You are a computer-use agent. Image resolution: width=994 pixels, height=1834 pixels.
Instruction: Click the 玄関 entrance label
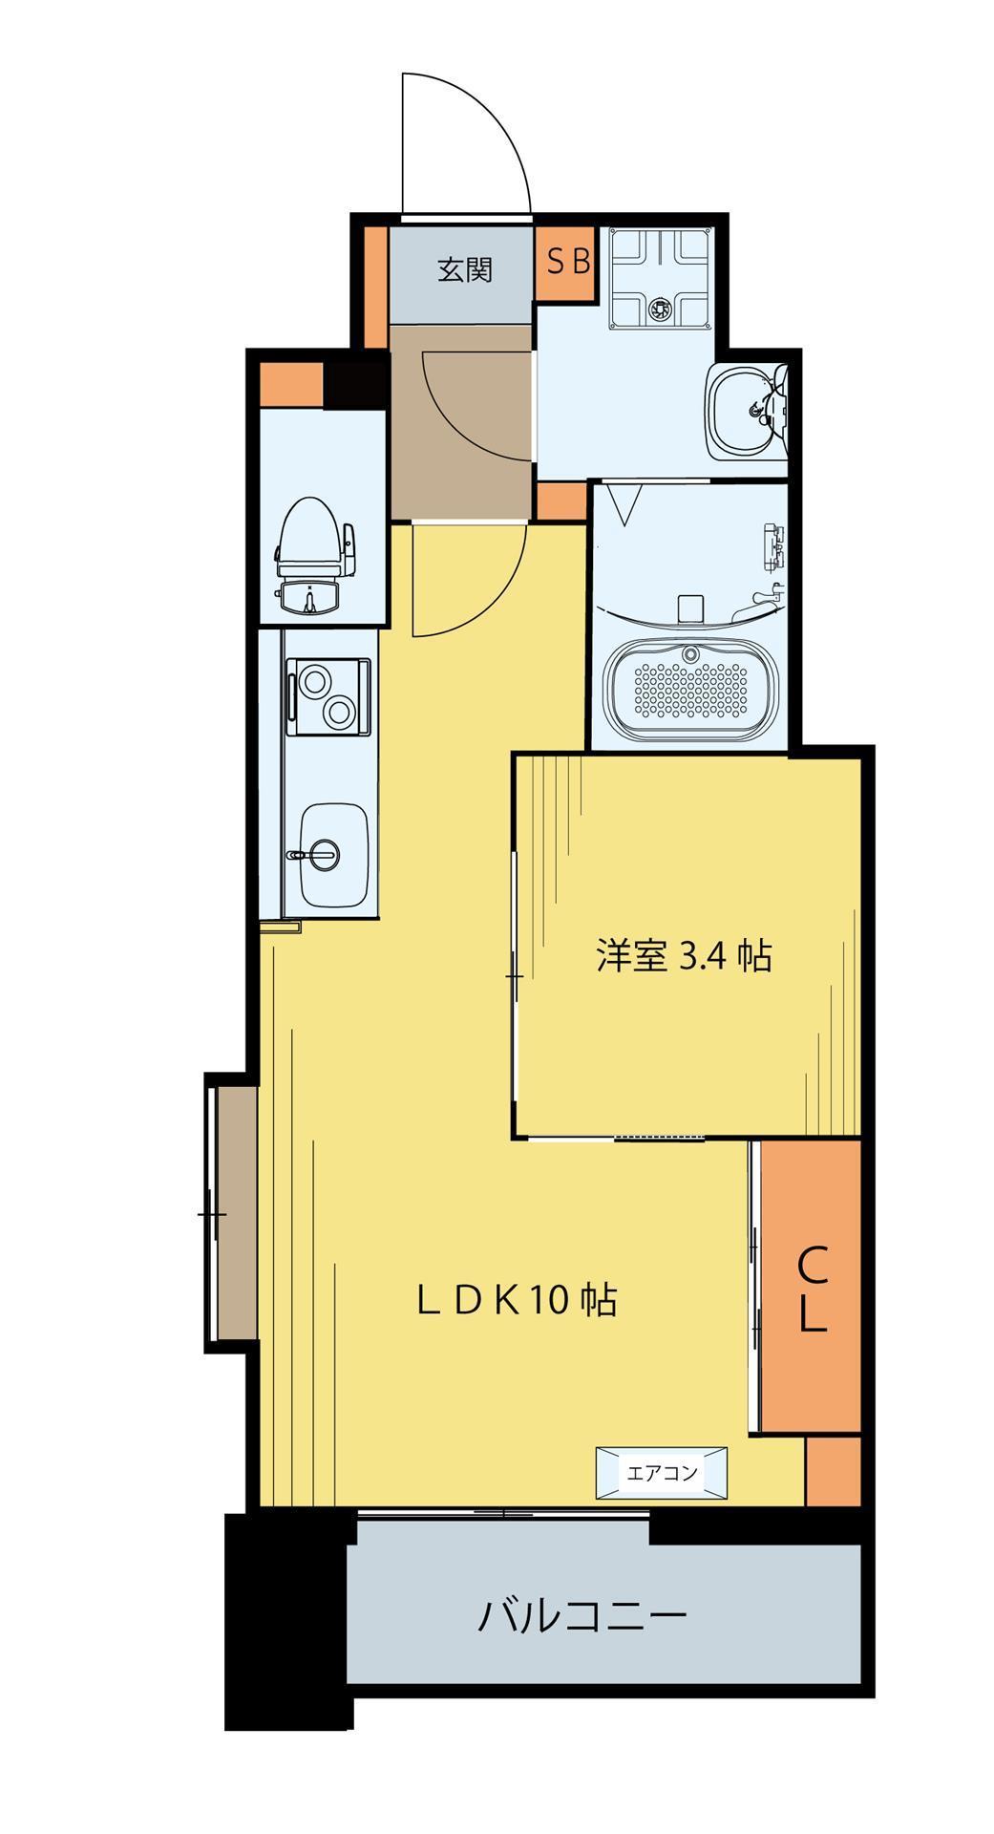point(465,270)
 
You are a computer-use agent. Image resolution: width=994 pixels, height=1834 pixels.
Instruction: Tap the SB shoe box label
point(567,262)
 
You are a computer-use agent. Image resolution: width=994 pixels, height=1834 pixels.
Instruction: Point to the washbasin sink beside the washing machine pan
point(748,410)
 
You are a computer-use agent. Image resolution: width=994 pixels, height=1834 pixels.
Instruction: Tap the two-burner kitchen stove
point(327,695)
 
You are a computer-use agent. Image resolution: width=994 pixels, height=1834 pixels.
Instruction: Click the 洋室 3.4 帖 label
point(684,955)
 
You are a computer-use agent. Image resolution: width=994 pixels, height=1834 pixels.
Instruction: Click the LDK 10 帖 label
point(517,1300)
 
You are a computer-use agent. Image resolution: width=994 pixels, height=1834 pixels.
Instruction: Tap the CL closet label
point(812,1291)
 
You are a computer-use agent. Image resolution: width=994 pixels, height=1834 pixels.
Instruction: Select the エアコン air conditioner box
point(662,1472)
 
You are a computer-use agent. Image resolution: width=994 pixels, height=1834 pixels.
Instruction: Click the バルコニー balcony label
point(582,1617)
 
